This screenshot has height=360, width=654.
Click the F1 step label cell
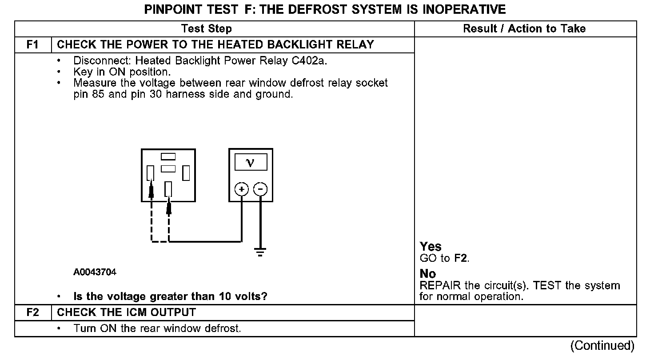33,45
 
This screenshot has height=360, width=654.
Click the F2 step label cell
33,312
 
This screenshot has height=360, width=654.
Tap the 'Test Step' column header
207,29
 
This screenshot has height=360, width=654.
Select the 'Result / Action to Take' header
524,29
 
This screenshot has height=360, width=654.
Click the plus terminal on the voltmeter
241,190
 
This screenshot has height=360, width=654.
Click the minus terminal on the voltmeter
260,190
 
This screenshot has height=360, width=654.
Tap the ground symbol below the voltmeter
260,252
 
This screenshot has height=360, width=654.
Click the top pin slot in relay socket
168,156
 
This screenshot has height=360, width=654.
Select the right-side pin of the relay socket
186,173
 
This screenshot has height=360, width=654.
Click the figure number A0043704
95,272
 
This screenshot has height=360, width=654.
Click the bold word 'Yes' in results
431,247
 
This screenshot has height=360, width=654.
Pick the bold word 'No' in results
428,274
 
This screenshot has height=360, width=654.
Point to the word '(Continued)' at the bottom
602,345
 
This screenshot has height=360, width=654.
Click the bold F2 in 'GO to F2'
461,258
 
